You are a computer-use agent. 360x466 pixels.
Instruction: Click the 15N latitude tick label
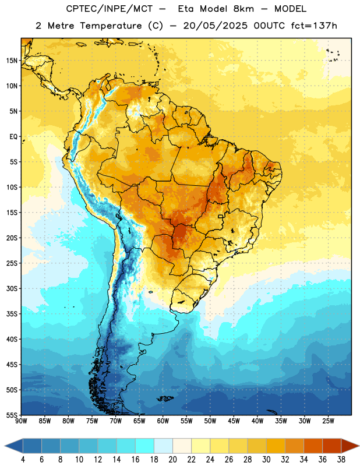[12, 61]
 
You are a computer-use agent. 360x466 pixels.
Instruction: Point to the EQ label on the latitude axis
[13, 137]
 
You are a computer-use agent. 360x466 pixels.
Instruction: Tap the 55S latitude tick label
[12, 415]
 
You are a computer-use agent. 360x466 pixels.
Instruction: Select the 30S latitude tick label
[12, 288]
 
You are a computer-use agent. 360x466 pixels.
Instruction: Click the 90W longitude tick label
[21, 421]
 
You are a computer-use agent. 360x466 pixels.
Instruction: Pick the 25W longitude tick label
[328, 421]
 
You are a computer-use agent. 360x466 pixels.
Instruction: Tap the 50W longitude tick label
[210, 421]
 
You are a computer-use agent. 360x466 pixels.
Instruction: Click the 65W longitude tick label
[139, 421]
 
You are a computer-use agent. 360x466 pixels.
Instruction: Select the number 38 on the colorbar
[341, 460]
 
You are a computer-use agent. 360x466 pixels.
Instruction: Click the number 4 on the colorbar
[23, 460]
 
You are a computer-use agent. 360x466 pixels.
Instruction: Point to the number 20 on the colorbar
[172, 460]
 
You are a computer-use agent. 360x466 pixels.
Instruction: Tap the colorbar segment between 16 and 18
[145, 446]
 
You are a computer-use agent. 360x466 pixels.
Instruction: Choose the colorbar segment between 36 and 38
[332, 446]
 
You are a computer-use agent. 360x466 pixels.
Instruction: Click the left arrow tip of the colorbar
[5, 446]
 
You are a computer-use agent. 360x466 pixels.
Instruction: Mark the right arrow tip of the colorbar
[359, 446]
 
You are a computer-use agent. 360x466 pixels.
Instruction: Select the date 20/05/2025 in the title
[215, 26]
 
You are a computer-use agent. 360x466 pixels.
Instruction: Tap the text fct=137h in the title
[314, 26]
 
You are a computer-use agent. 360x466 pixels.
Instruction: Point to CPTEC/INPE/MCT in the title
[110, 9]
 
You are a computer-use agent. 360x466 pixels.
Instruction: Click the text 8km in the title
[243, 9]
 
